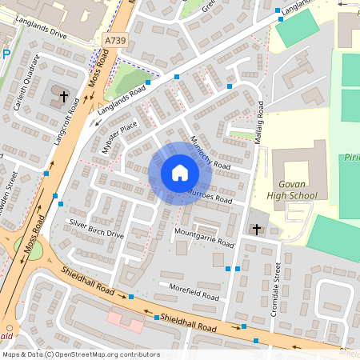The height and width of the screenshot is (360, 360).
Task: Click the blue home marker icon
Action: (x=179, y=173)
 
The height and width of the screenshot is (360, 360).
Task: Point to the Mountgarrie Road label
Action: (x=204, y=236)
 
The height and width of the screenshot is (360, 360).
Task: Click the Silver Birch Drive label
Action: (x=96, y=229)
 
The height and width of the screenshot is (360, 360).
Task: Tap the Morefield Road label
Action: (x=193, y=291)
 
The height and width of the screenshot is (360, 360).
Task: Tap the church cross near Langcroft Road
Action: (x=63, y=96)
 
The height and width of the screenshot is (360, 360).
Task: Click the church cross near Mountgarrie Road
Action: (x=257, y=230)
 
